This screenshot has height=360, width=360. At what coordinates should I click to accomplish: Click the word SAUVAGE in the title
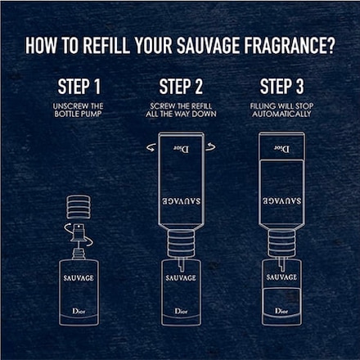coord(209,45)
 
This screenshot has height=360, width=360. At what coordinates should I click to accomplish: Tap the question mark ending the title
coord(330,45)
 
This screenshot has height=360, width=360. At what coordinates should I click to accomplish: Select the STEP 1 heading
coord(79,87)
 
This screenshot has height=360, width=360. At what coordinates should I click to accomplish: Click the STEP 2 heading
coord(181,87)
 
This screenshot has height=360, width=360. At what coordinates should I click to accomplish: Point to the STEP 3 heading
coord(281,87)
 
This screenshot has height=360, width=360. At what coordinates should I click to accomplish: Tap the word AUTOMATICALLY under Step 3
coord(281,114)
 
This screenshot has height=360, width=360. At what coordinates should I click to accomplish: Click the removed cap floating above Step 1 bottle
coord(79,206)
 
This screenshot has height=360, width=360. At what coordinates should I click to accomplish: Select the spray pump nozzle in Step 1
coord(79,232)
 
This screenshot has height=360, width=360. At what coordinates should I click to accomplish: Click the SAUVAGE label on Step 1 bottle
coord(79,278)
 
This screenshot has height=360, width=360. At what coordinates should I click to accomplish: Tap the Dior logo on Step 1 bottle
coord(79,311)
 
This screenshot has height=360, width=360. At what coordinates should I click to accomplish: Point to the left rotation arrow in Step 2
coord(151,147)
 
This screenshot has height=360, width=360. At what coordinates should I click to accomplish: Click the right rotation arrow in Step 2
coord(210,147)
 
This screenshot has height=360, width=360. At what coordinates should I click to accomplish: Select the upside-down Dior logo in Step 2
coord(181,149)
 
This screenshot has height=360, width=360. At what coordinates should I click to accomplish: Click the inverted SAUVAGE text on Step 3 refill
coord(281,201)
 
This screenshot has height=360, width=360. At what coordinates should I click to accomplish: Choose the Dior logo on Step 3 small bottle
coord(281,311)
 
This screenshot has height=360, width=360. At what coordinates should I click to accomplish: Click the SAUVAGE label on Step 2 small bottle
coord(181,278)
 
